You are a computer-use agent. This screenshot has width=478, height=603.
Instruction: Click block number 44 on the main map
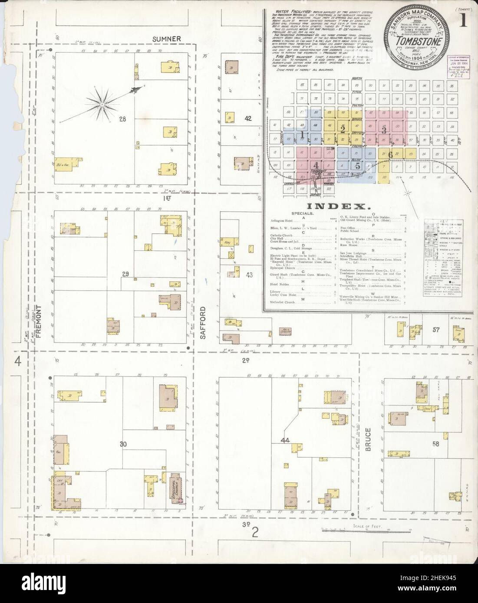click(285, 441)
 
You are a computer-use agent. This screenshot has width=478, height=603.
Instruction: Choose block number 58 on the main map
click(435, 444)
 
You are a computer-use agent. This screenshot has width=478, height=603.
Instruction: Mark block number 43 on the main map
click(249, 275)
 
